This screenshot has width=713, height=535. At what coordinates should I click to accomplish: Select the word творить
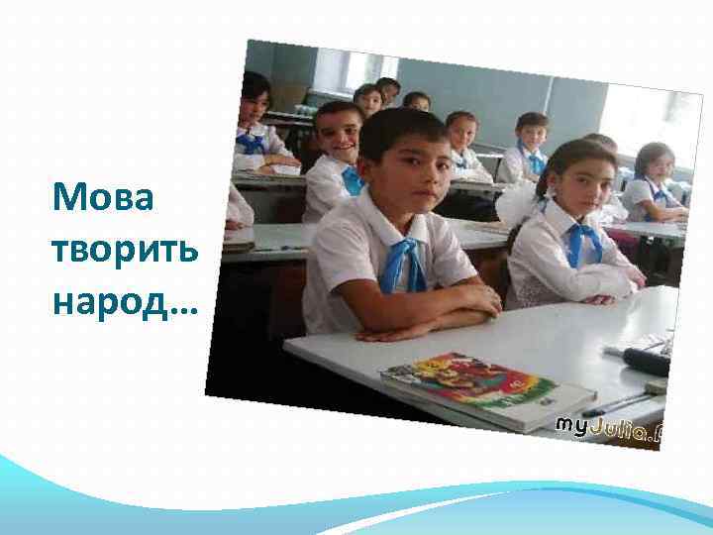(126, 250)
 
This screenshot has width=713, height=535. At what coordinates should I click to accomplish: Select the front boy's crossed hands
(436, 307)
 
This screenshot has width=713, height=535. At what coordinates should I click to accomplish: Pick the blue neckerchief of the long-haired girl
(584, 242)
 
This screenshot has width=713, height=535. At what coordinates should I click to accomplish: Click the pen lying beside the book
(614, 403)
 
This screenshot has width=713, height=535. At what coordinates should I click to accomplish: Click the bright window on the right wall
(649, 119)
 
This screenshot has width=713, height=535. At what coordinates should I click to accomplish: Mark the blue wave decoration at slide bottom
(356, 495)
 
